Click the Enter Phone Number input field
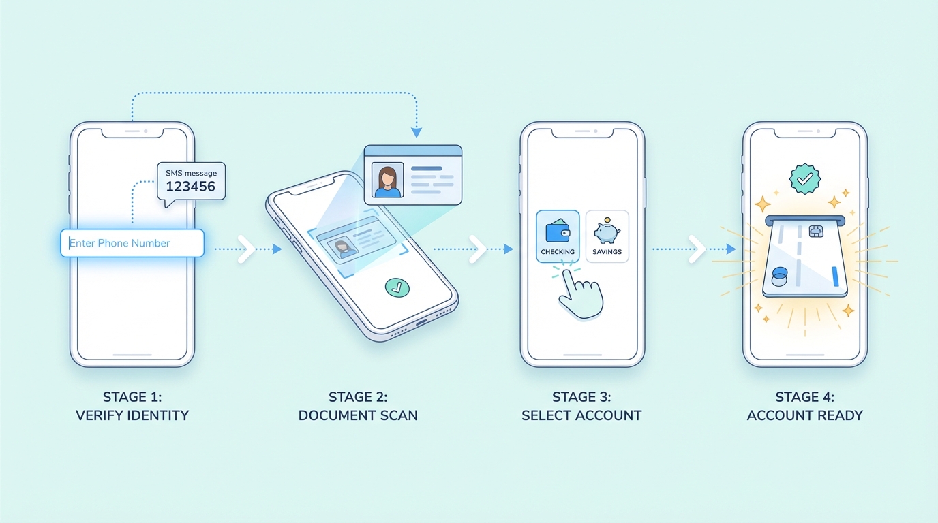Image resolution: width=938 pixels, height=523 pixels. click(x=132, y=243)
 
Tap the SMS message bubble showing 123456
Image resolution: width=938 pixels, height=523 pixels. click(x=192, y=181)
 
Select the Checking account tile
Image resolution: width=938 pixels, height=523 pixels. click(x=558, y=236)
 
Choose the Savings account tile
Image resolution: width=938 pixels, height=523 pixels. click(x=607, y=236)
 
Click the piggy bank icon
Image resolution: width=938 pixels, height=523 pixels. click(x=606, y=231)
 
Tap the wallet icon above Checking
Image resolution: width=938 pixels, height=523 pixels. click(x=558, y=230)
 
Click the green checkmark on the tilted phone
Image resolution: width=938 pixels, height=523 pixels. click(x=397, y=287)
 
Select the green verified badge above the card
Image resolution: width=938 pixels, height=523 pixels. click(x=804, y=178)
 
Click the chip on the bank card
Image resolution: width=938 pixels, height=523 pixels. click(x=815, y=232)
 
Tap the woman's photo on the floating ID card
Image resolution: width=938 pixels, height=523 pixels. click(x=387, y=180)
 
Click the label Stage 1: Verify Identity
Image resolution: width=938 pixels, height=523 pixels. click(x=132, y=406)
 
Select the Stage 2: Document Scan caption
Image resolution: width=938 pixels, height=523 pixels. click(x=358, y=406)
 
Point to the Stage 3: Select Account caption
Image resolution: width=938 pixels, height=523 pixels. click(x=581, y=406)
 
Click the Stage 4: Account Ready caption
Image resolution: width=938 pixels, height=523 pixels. click(x=805, y=406)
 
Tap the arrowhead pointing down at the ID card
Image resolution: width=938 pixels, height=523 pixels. click(x=417, y=132)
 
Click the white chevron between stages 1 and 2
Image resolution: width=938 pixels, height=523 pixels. click(x=246, y=249)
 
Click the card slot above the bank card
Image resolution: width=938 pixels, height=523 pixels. click(x=805, y=221)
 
